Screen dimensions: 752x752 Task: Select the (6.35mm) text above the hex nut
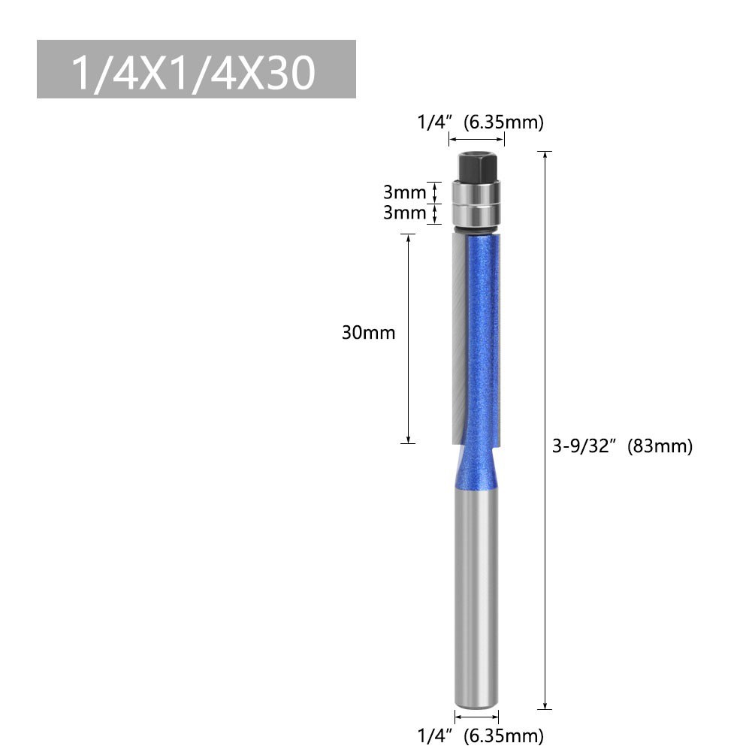tap(503, 122)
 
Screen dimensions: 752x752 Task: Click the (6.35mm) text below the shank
tap(503, 735)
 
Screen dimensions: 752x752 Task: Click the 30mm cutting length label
tap(368, 333)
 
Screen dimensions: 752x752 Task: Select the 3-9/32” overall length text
tap(584, 446)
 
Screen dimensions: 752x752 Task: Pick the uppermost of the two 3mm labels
tap(404, 192)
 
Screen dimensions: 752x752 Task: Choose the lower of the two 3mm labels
tap(404, 213)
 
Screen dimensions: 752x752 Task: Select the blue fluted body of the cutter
tap(482, 338)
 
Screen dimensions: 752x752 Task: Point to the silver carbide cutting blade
tap(459, 338)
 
